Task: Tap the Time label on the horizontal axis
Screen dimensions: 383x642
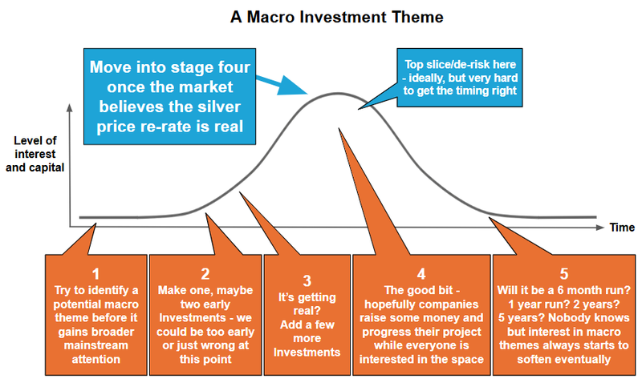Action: [621, 228]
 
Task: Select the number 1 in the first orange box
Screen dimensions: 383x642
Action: [95, 272]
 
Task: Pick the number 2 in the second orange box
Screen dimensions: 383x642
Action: [205, 272]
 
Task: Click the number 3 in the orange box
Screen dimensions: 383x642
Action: [307, 280]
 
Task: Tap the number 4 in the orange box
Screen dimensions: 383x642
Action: [421, 272]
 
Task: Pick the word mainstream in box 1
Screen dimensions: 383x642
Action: [95, 345]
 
